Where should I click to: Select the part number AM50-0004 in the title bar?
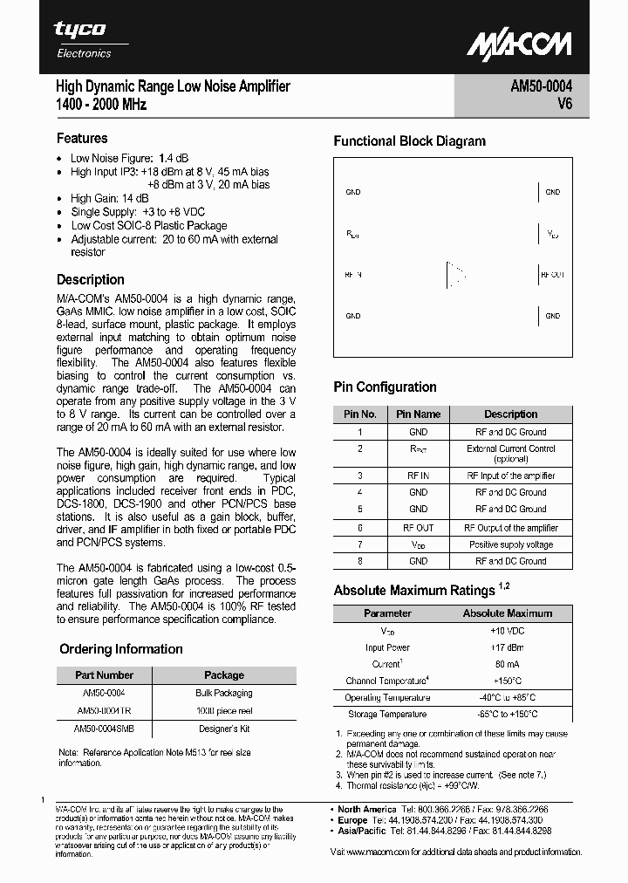point(541,86)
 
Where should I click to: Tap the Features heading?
point(82,138)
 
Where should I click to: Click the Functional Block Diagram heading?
point(409,141)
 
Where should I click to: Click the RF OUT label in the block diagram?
point(553,274)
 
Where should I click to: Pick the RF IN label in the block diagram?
point(352,274)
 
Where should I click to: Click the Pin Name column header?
point(418,414)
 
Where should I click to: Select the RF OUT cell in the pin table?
point(418,528)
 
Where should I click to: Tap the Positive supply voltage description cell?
point(511,544)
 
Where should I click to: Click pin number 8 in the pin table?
point(359,561)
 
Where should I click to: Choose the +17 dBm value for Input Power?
point(507,647)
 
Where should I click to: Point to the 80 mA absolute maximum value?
point(507,664)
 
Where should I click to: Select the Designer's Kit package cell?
point(224,728)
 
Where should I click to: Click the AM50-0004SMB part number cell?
point(104,728)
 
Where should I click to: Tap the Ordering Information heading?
point(121,649)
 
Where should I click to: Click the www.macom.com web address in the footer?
point(377,852)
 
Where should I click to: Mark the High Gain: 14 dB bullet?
point(109,198)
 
